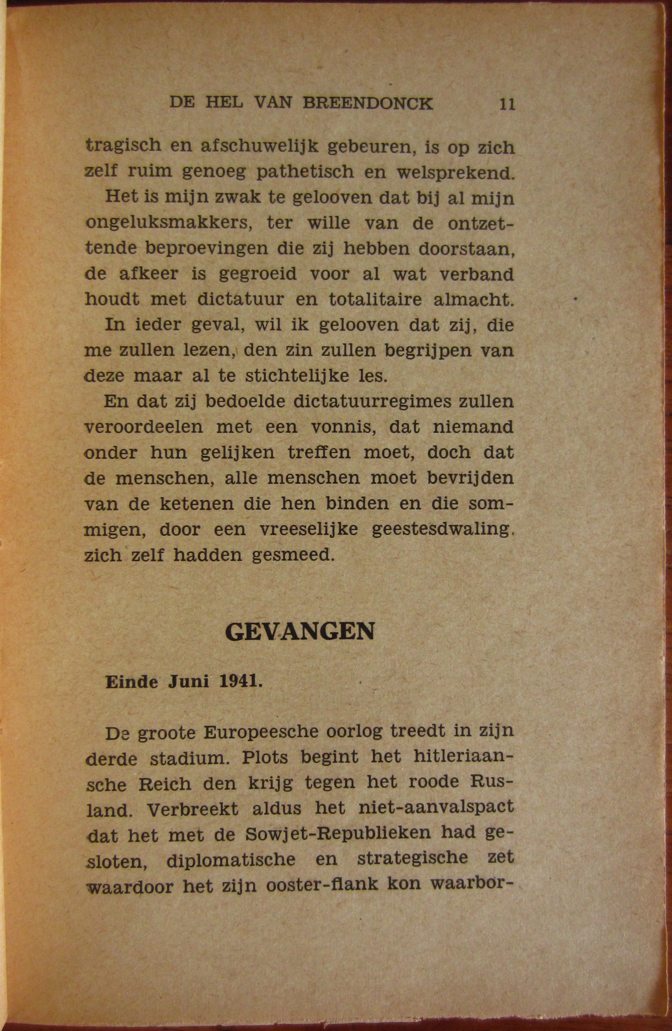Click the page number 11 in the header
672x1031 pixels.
(507, 105)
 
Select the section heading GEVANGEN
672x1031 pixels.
(300, 632)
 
